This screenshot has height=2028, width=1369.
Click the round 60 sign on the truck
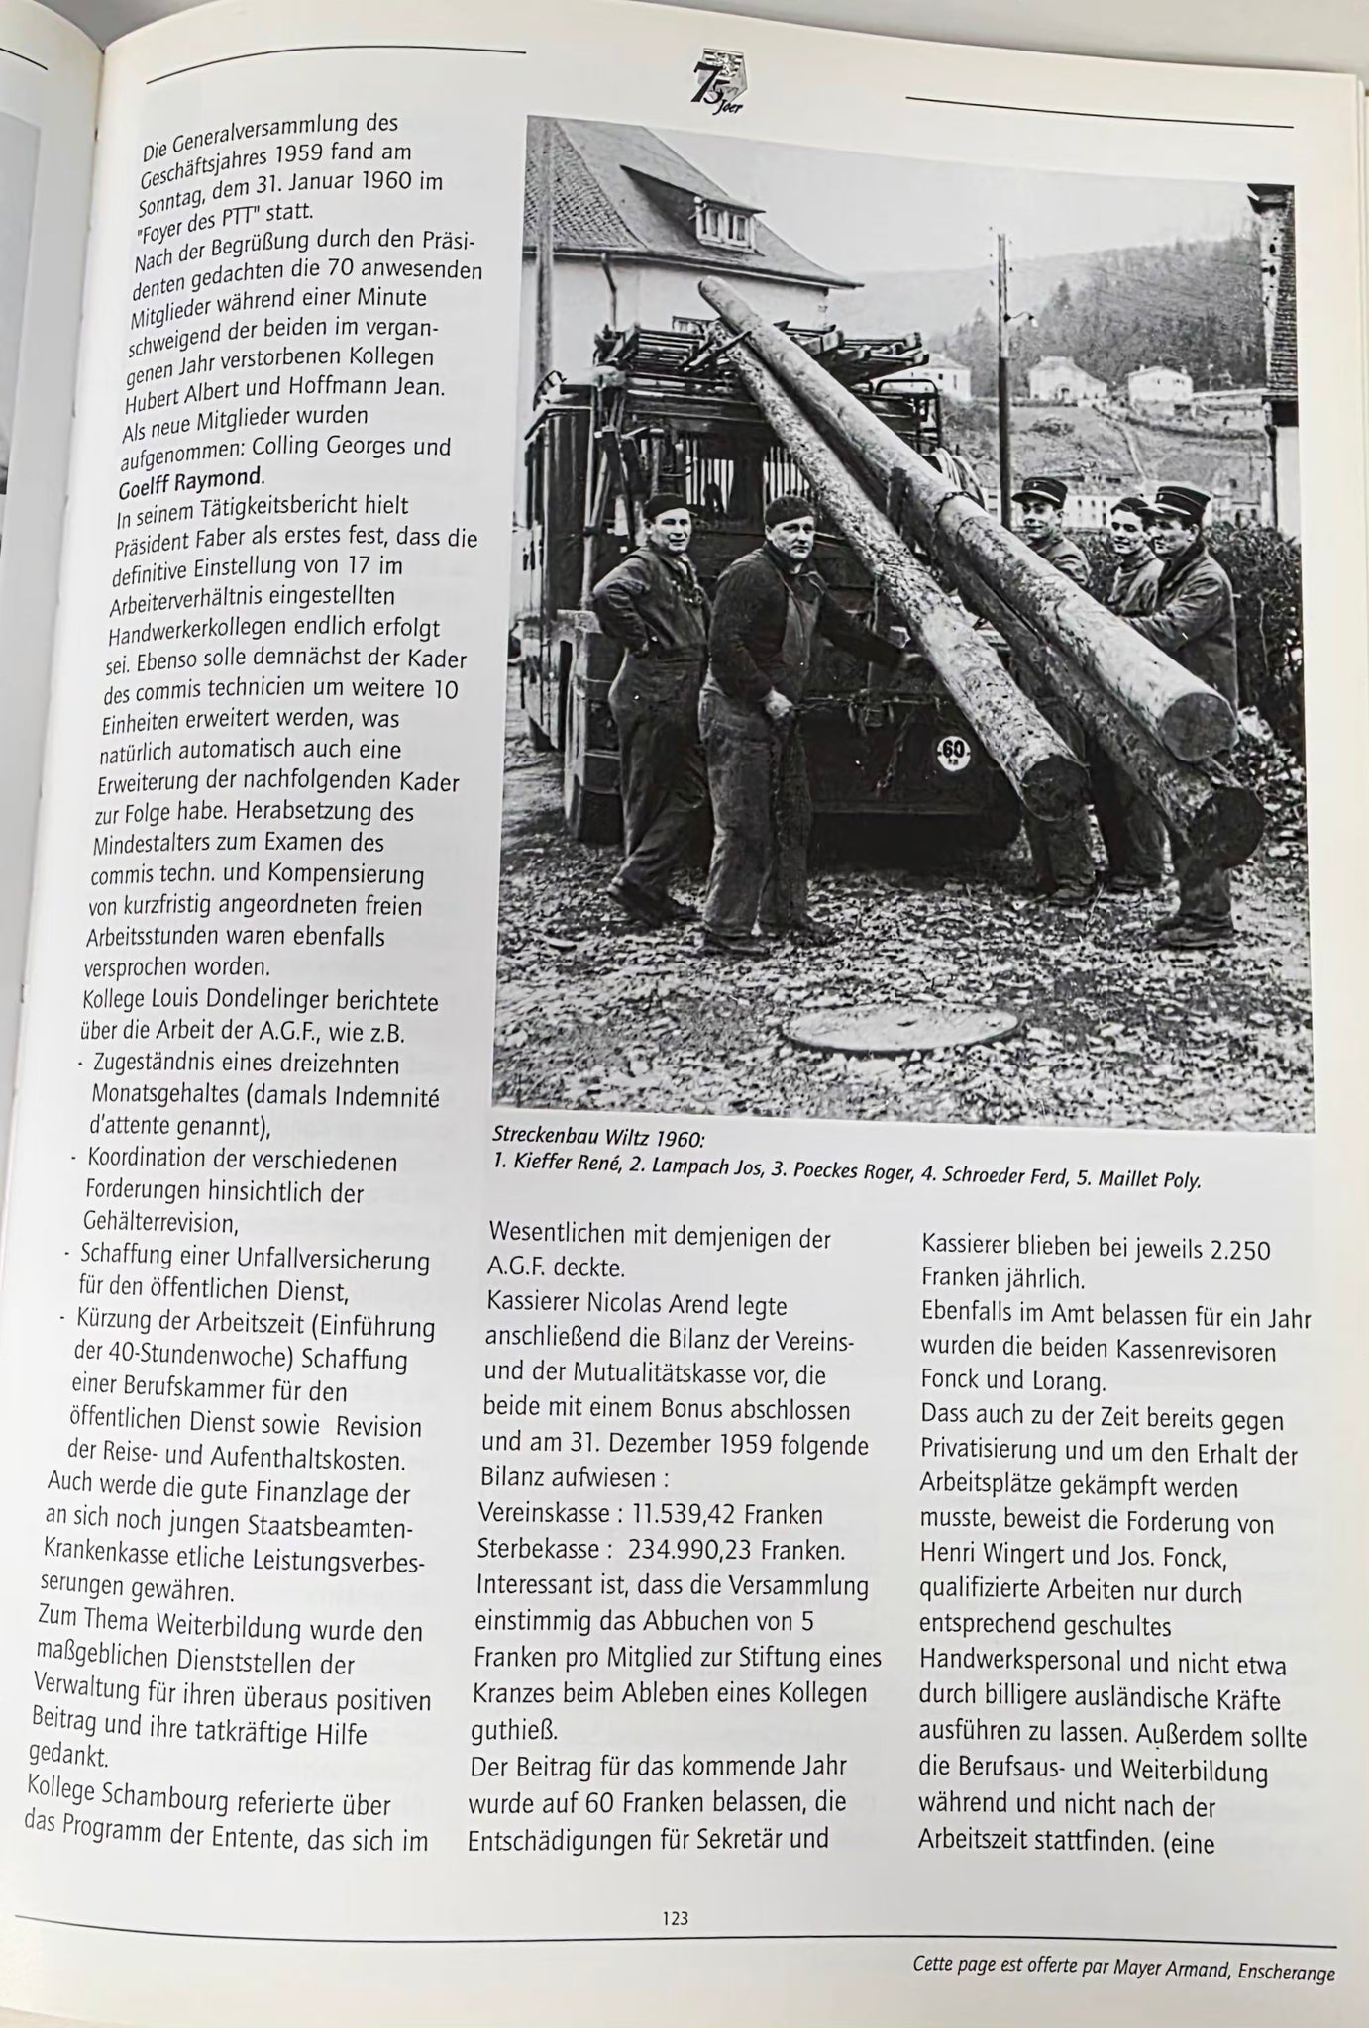tap(953, 750)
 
